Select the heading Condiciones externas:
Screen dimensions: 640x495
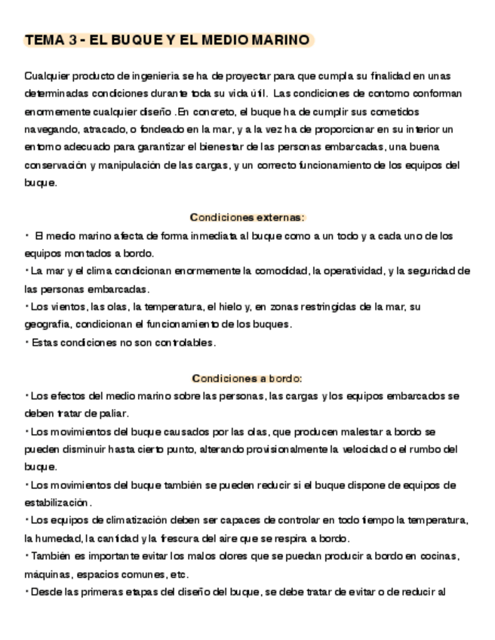click(247, 217)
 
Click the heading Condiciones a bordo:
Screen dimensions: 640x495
click(247, 378)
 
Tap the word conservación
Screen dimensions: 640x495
click(58, 165)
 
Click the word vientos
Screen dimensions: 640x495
click(68, 306)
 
